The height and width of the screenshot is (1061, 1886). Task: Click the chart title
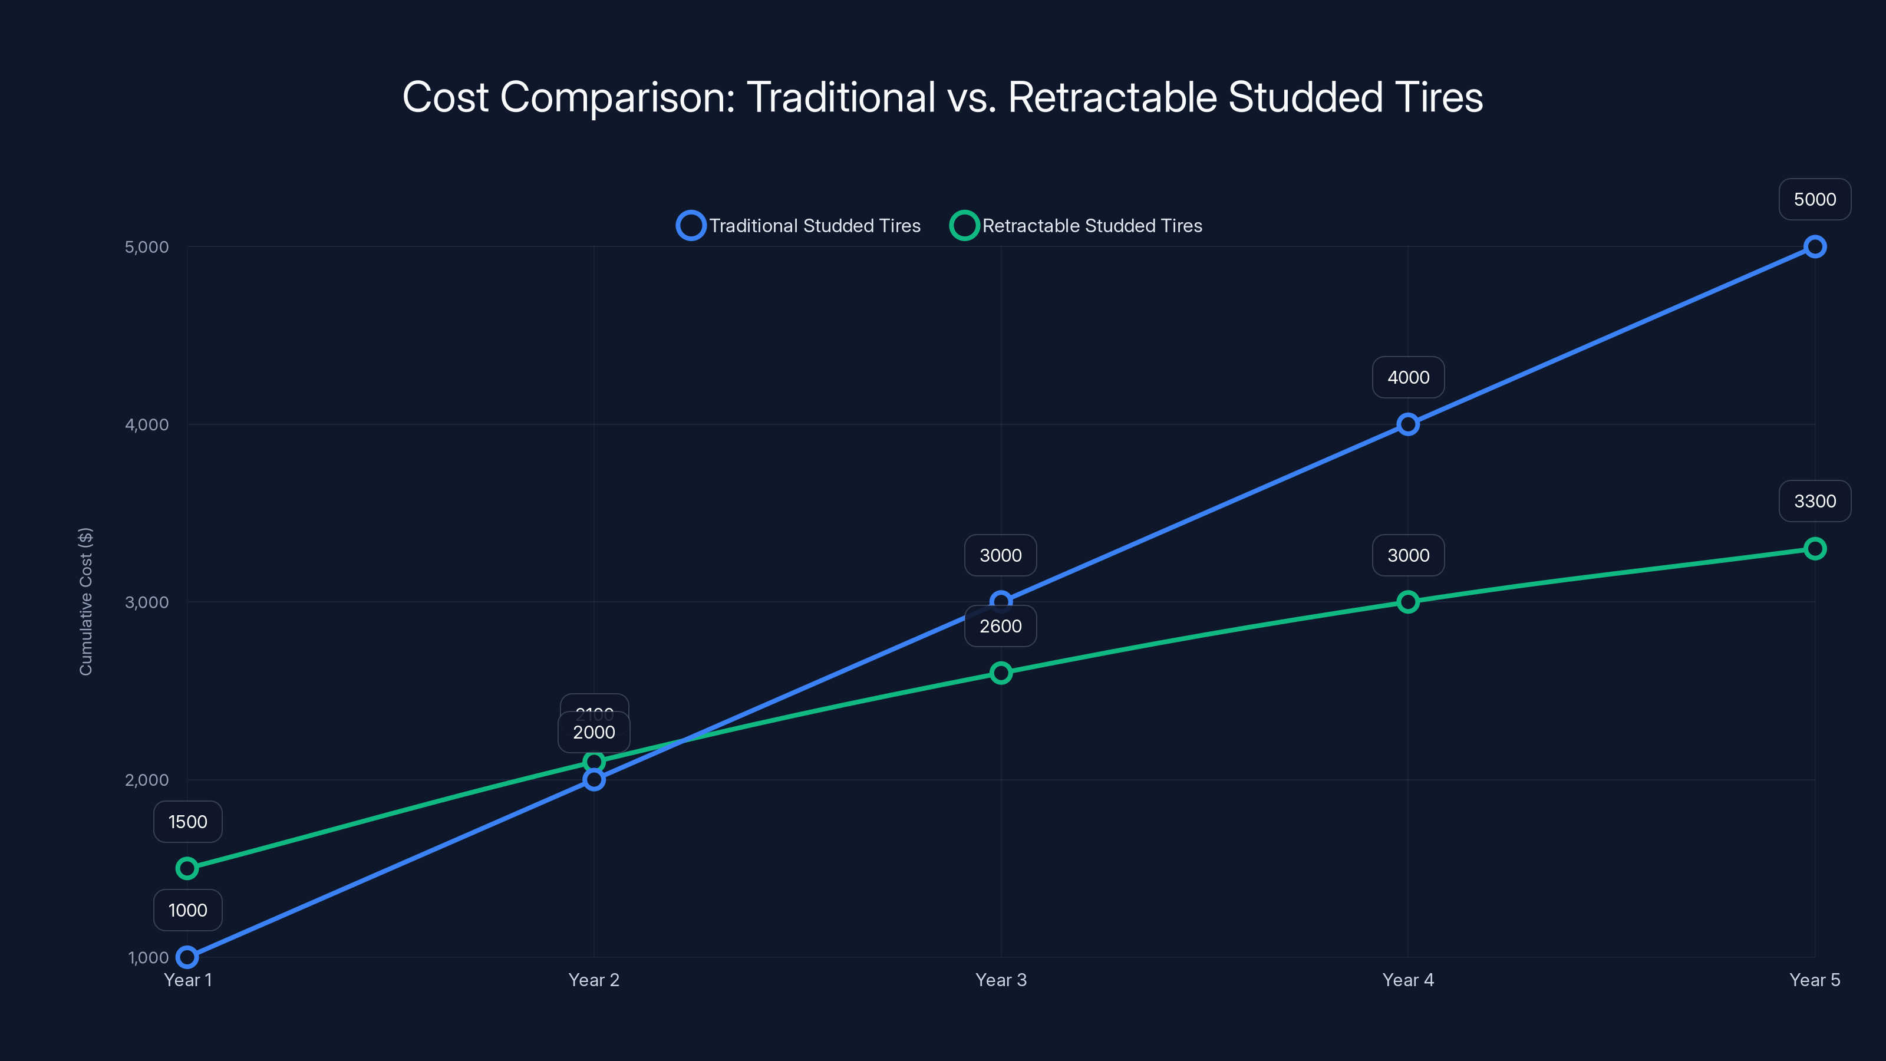pyautogui.click(x=942, y=97)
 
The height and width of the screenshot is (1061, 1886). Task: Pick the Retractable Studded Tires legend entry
pyautogui.click(x=1076, y=226)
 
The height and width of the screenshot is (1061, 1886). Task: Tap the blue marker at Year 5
pyautogui.click(x=1814, y=247)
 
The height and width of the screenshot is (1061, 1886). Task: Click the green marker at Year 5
pyautogui.click(x=1814, y=548)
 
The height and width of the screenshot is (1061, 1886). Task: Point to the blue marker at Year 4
pyautogui.click(x=1407, y=424)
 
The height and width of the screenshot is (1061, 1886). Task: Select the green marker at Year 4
pyautogui.click(x=1407, y=602)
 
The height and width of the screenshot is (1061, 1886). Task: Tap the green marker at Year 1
pyautogui.click(x=187, y=868)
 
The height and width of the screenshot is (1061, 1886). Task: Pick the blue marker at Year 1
pyautogui.click(x=187, y=957)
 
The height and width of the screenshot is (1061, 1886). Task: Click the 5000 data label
pyautogui.click(x=1814, y=199)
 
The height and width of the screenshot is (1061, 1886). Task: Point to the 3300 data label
pyautogui.click(x=1814, y=502)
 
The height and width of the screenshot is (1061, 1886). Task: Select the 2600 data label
pyautogui.click(x=1000, y=626)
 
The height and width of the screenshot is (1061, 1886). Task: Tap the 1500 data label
pyautogui.click(x=187, y=822)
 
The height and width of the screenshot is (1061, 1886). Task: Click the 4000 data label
pyautogui.click(x=1407, y=378)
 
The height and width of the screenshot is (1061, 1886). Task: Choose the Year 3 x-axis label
pyautogui.click(x=1000, y=980)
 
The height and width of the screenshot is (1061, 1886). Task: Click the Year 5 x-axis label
pyautogui.click(x=1814, y=980)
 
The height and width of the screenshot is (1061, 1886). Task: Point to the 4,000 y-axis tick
pyautogui.click(x=146, y=424)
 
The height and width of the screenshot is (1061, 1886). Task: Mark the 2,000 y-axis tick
pyautogui.click(x=146, y=780)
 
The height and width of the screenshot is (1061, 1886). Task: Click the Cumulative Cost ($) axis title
pyautogui.click(x=85, y=601)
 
